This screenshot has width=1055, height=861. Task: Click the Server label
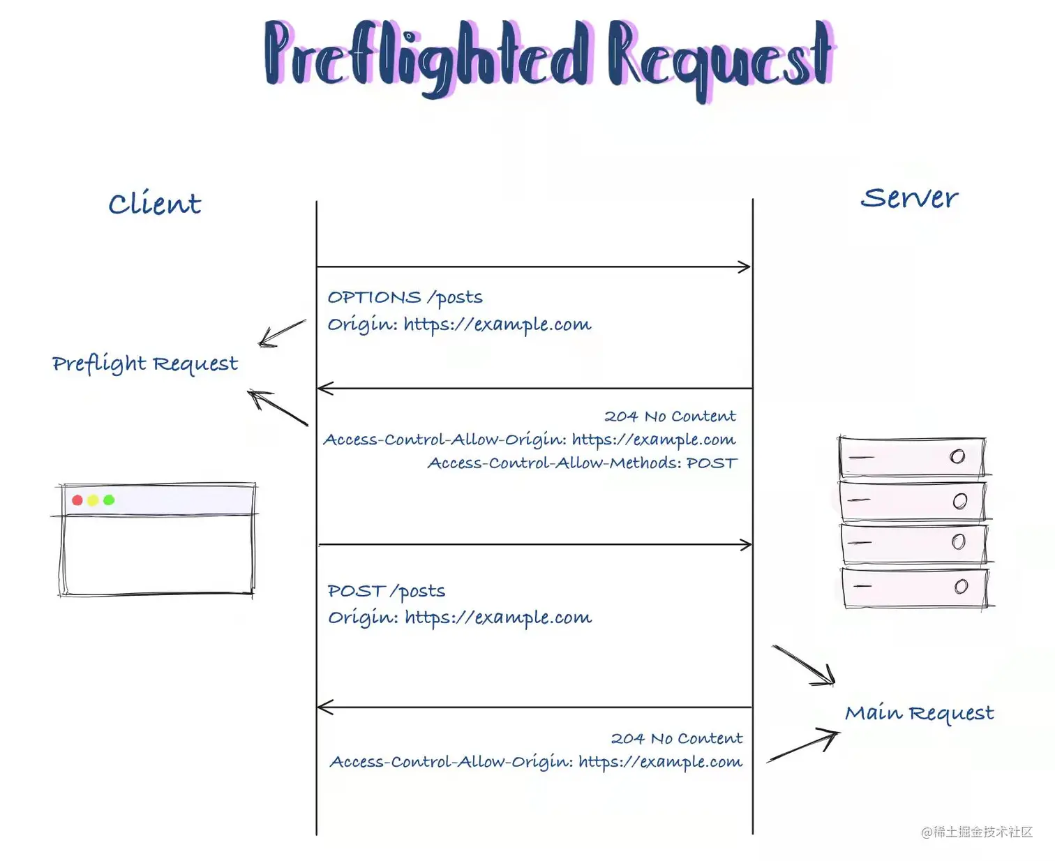909,198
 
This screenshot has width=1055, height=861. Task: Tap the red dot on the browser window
77,500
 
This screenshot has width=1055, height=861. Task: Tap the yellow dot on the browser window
93,500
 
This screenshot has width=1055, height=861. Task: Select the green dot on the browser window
109,500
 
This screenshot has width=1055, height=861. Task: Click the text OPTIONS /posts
405,297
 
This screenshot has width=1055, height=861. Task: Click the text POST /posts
386,591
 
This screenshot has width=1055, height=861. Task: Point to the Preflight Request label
145,363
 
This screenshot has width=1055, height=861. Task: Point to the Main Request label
920,713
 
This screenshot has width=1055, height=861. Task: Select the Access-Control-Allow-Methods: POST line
583,463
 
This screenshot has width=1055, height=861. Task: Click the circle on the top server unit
957,456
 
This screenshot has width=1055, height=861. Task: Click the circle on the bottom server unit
961,586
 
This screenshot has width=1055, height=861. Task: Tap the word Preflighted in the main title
427,57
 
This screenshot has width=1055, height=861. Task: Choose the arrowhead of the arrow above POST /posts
746,544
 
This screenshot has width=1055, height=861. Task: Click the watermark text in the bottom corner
977,832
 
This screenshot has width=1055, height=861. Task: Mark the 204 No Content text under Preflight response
670,416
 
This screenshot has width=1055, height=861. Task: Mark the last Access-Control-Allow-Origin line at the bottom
536,762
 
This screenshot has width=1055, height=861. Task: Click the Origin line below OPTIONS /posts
459,324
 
